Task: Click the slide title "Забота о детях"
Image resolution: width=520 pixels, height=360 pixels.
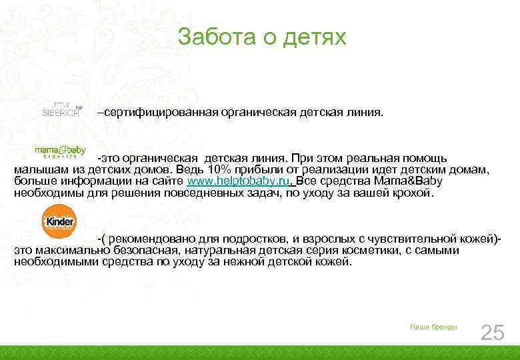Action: click(262, 37)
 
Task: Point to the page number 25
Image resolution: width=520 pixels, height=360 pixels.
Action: click(492, 332)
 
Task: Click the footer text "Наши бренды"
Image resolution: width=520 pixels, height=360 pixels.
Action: click(433, 327)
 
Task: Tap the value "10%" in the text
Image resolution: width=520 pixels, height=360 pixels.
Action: click(219, 170)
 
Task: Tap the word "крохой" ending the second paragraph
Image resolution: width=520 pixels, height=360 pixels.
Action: click(412, 193)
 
